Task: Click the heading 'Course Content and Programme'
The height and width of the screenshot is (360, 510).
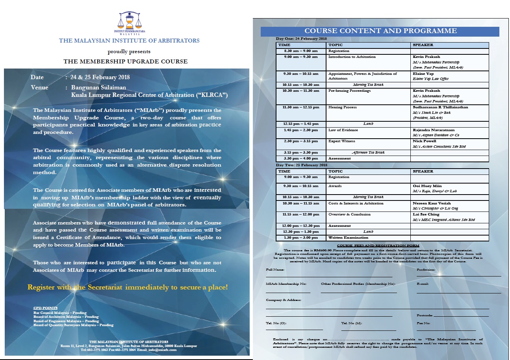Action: [x=380, y=31]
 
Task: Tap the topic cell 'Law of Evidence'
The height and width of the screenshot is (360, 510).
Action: [x=343, y=130]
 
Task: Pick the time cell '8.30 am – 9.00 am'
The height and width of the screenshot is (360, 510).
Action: [x=302, y=51]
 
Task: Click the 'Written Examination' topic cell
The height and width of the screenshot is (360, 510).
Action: [x=349, y=238]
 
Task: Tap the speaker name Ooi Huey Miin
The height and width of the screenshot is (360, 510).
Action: [x=427, y=186]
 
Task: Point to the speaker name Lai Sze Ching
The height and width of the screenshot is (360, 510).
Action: [x=426, y=214]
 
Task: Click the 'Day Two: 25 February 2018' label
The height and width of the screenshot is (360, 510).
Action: [x=302, y=165]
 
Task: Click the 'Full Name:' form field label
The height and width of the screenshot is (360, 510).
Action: [x=275, y=270]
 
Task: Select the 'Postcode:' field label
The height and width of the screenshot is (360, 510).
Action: [x=425, y=315]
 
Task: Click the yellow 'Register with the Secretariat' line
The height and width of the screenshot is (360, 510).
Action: [x=128, y=287]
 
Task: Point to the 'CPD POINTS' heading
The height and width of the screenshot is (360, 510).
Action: [x=45, y=308]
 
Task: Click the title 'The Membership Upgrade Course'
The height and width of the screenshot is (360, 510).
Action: [x=126, y=61]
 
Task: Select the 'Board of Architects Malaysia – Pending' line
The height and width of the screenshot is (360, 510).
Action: [x=66, y=317]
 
